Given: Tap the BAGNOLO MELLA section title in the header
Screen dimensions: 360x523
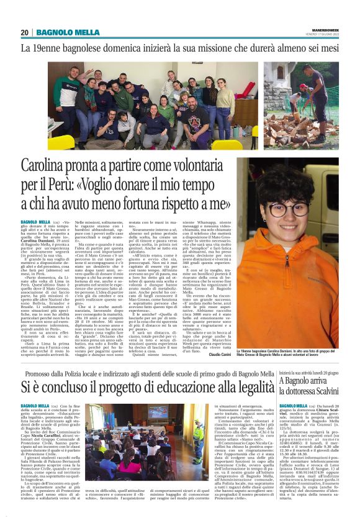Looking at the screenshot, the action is click(68, 32).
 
